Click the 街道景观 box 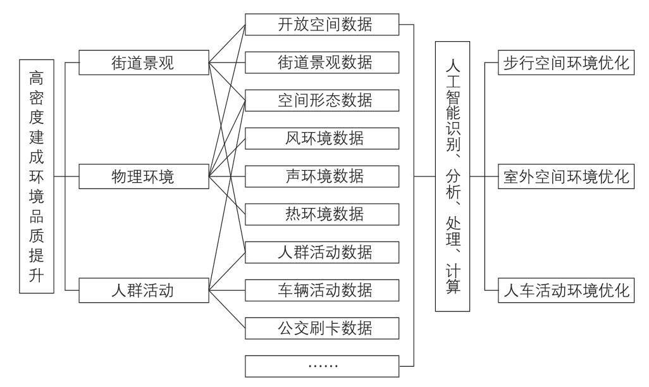(x=143, y=63)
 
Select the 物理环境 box (x=143, y=177)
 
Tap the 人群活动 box (x=143, y=292)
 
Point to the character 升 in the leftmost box (x=37, y=276)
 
